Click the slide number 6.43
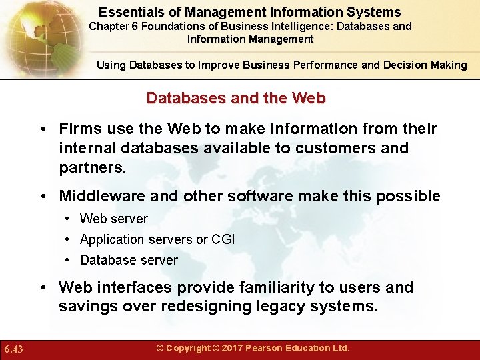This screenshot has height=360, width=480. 13,349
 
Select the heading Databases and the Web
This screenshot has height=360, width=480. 236,98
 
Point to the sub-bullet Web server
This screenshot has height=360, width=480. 114,219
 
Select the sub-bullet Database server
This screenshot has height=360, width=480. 129,260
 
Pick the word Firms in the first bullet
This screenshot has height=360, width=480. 78,128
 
